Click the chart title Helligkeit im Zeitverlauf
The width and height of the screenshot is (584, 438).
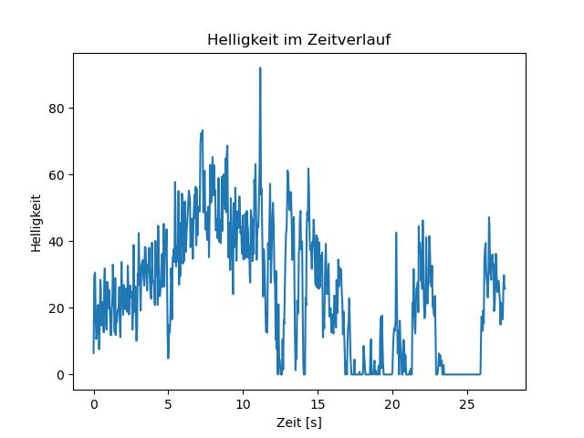[299, 40]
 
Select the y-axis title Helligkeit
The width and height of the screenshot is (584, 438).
[36, 221]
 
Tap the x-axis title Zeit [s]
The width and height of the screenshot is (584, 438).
[299, 422]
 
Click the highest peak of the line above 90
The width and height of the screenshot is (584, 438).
[260, 68]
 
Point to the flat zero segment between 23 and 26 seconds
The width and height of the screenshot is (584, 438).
[462, 374]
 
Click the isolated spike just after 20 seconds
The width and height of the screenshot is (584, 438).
[396, 233]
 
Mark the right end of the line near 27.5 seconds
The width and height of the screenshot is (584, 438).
[505, 288]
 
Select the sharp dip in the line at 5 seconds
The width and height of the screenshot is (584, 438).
[168, 357]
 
